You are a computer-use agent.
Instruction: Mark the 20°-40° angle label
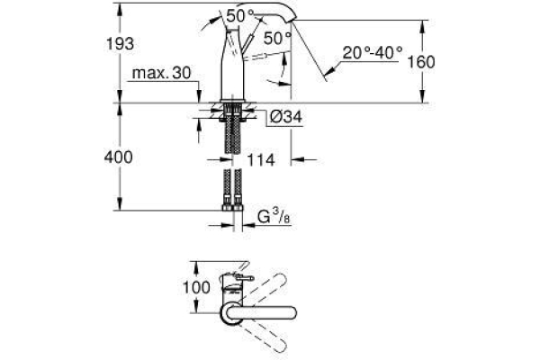[370, 52]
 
